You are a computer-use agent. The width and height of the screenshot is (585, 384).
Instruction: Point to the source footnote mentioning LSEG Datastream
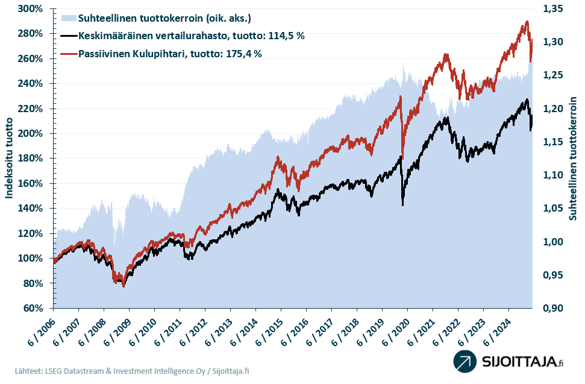coord(132,371)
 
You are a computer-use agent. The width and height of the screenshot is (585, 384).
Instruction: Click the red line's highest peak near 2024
coord(527,22)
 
